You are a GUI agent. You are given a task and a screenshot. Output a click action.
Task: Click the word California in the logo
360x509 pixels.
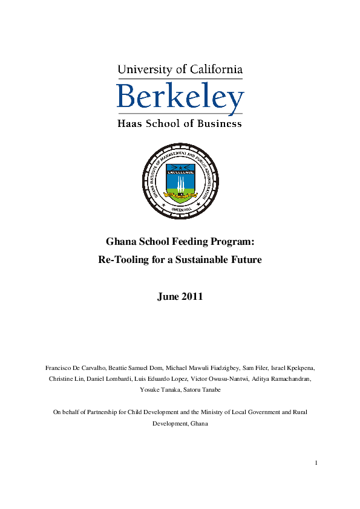[213, 70]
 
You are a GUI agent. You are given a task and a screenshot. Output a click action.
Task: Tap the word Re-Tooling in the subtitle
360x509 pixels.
[122, 261]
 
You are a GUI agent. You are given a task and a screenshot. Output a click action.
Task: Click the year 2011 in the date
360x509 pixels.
[191, 297]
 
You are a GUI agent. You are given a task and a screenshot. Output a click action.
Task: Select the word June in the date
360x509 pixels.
[168, 297]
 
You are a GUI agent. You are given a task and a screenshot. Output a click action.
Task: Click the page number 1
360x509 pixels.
[316, 463]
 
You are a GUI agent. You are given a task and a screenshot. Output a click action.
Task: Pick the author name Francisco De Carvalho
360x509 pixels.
[71, 368]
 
